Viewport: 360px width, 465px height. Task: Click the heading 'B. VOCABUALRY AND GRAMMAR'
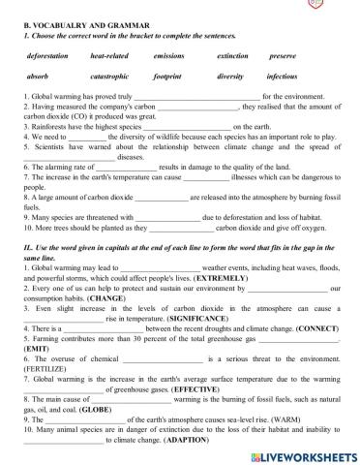coord(73,25)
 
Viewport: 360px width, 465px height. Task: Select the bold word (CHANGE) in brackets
coord(93,298)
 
